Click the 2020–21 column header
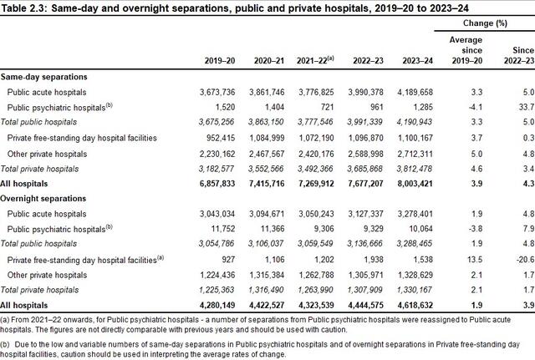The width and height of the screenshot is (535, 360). pyautogui.click(x=269, y=61)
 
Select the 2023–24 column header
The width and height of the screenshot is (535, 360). pyautogui.click(x=417, y=61)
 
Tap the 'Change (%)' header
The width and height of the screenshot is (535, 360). pyautogui.click(x=485, y=23)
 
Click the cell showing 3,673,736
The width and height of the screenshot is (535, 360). pyautogui.click(x=217, y=92)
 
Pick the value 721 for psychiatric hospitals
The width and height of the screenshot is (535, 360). pyautogui.click(x=327, y=107)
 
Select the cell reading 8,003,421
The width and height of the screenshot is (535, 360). pyautogui.click(x=415, y=184)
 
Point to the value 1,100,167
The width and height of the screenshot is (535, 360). pyautogui.click(x=415, y=138)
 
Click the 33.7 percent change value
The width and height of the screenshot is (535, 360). pyautogui.click(x=528, y=107)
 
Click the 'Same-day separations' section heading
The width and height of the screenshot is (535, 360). pyautogui.click(x=43, y=77)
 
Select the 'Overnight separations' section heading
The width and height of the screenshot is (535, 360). pyautogui.click(x=43, y=199)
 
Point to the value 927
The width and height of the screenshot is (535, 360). pyautogui.click(x=228, y=260)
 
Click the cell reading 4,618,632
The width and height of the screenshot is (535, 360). pyautogui.click(x=415, y=305)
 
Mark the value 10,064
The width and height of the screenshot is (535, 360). pyautogui.click(x=420, y=229)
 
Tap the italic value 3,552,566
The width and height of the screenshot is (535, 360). pyautogui.click(x=266, y=169)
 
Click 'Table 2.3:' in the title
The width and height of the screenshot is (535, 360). pyautogui.click(x=24, y=8)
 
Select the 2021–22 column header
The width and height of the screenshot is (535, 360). pyautogui.click(x=315, y=60)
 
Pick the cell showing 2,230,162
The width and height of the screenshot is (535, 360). pyautogui.click(x=217, y=154)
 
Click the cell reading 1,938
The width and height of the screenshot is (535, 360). pyautogui.click(x=374, y=260)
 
